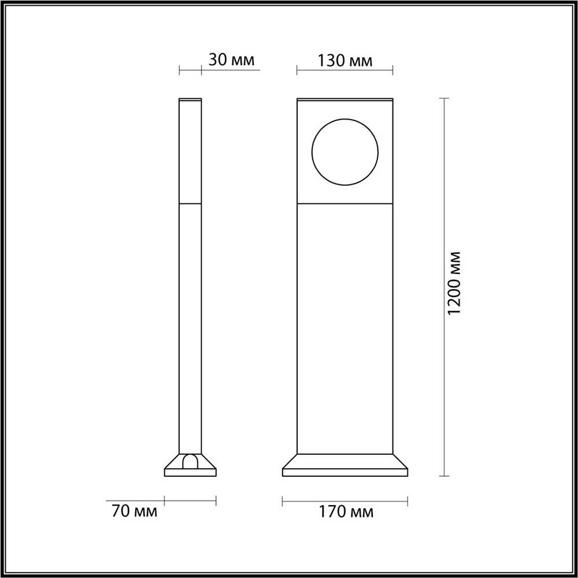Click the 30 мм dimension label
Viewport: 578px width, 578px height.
click(231, 60)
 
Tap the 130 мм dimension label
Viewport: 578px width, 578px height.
click(345, 61)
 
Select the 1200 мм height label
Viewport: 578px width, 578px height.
click(454, 283)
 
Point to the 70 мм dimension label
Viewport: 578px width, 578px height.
click(134, 512)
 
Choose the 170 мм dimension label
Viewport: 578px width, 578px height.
click(346, 512)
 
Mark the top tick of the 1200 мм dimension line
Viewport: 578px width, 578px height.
click(444, 98)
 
